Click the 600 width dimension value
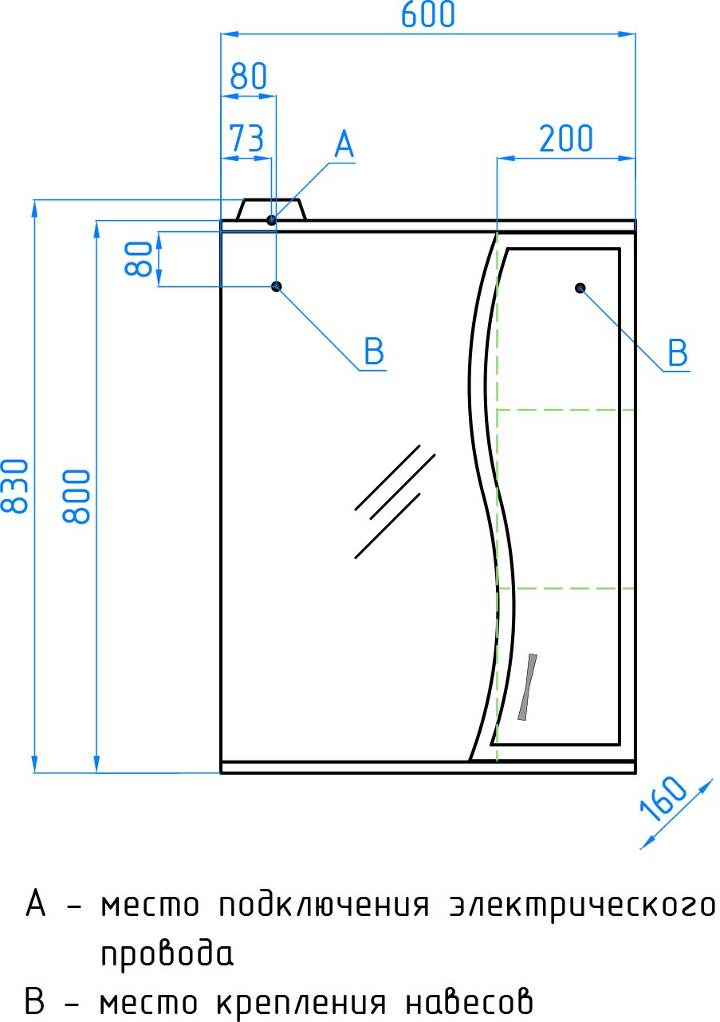click(427, 14)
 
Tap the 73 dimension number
click(246, 138)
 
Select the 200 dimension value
click(566, 139)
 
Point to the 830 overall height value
click(14, 486)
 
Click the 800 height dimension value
click(77, 496)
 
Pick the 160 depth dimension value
click(663, 799)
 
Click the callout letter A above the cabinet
click(344, 144)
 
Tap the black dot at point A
click(271, 220)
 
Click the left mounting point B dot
click(276, 286)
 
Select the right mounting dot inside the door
click(580, 288)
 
